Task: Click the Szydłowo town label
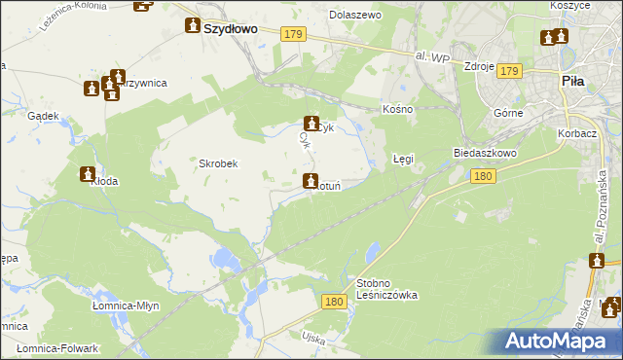tap(231, 29)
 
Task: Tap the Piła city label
tap(573, 82)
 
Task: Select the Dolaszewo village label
tap(355, 16)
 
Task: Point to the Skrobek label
tap(219, 163)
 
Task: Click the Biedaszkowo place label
tap(484, 154)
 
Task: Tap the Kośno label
tap(398, 109)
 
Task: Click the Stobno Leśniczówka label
tap(386, 288)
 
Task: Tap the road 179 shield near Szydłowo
tap(294, 35)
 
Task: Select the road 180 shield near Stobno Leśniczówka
tap(333, 303)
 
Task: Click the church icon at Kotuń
tap(311, 181)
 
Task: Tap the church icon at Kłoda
tap(87, 173)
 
